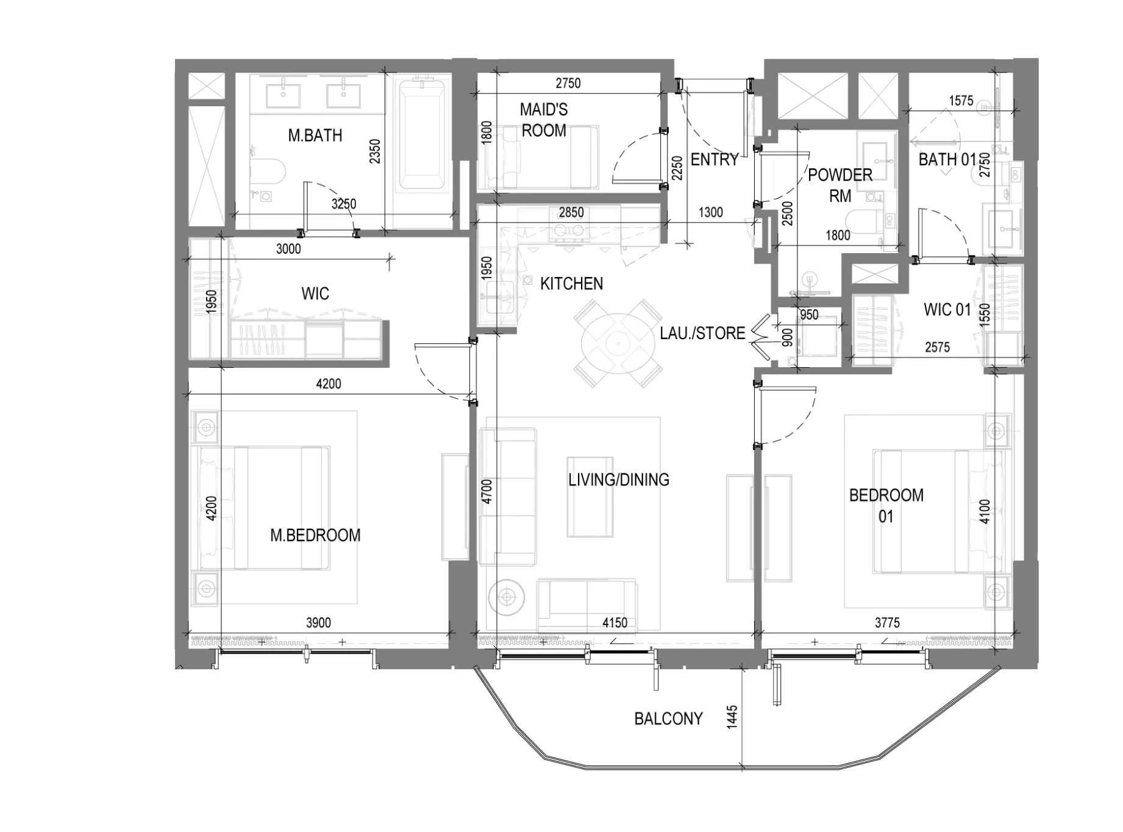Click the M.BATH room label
[315, 135]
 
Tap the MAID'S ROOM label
[543, 120]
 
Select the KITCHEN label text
[571, 284]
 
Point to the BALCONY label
[668, 719]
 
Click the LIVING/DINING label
[619, 480]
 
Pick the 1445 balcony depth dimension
[732, 716]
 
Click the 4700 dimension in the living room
[486, 492]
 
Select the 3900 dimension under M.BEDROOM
[318, 623]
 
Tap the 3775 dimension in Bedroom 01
[887, 623]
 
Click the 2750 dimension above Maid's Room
[568, 83]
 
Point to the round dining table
[618, 343]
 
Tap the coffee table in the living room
[590, 497]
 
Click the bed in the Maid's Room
[540, 157]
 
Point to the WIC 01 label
[947, 310]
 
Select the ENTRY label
[715, 160]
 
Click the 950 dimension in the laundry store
[809, 315]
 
